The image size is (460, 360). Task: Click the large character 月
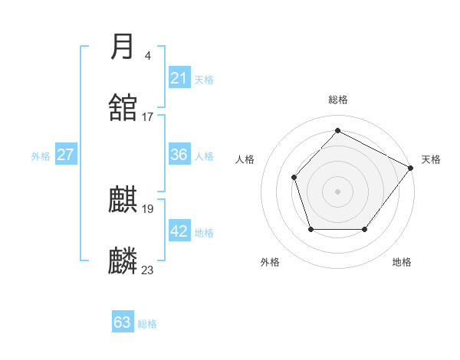click(123, 47)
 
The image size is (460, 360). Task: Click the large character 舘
click(123, 108)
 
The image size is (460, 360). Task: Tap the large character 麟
click(123, 261)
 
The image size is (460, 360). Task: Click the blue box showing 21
click(179, 78)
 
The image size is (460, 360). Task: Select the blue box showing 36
click(179, 155)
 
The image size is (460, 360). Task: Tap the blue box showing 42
click(179, 231)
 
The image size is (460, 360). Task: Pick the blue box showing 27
click(66, 155)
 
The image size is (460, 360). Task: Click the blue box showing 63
click(123, 322)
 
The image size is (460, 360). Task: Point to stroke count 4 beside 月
click(148, 55)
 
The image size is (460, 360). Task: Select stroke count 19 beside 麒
click(148, 208)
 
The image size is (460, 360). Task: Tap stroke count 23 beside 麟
click(148, 270)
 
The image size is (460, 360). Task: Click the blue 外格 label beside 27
click(41, 155)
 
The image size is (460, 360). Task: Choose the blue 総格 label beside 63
click(147, 324)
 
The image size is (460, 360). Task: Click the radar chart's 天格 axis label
click(431, 159)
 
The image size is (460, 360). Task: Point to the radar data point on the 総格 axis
click(337, 131)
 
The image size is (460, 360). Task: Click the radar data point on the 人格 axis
click(294, 177)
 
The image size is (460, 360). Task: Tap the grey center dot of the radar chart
click(337, 191)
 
